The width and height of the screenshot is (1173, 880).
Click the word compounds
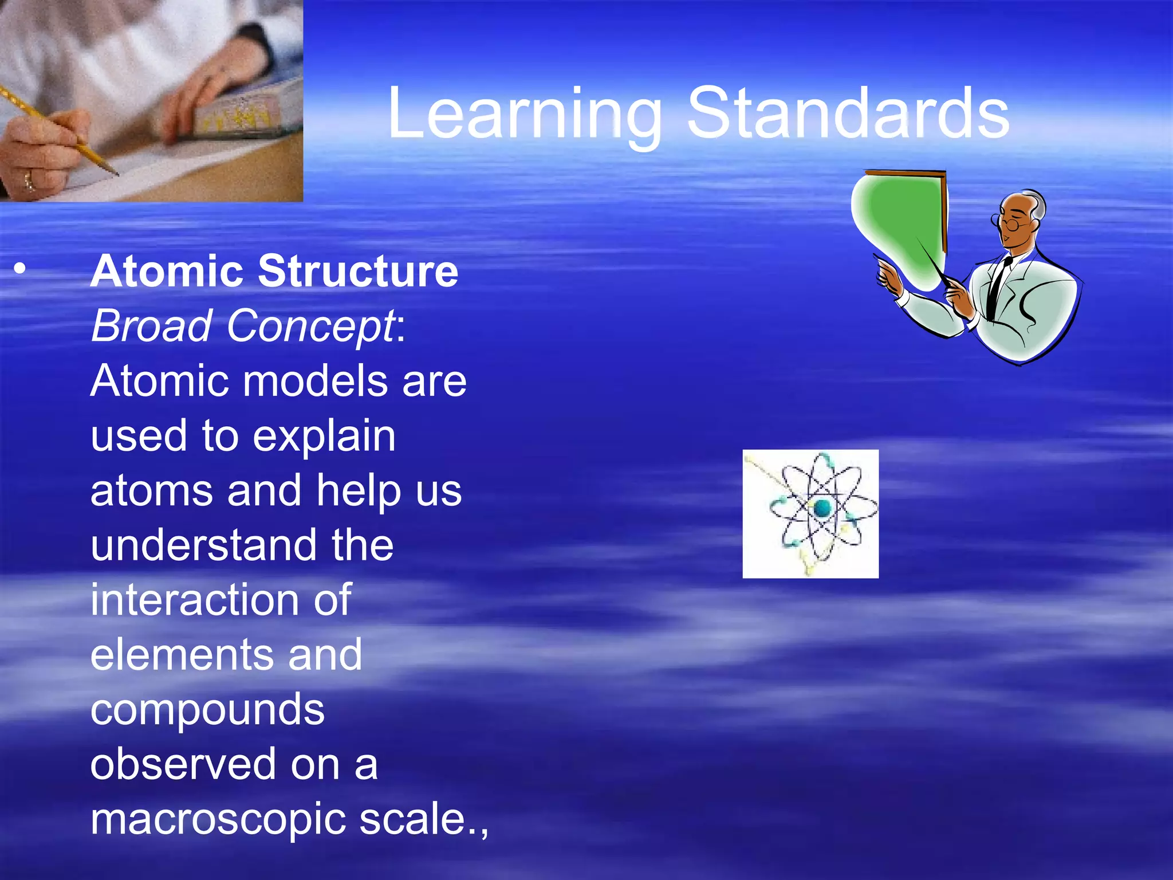click(x=207, y=709)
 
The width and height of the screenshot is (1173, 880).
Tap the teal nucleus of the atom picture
click(x=822, y=508)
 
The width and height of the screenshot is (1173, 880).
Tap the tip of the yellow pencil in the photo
click(x=116, y=173)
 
